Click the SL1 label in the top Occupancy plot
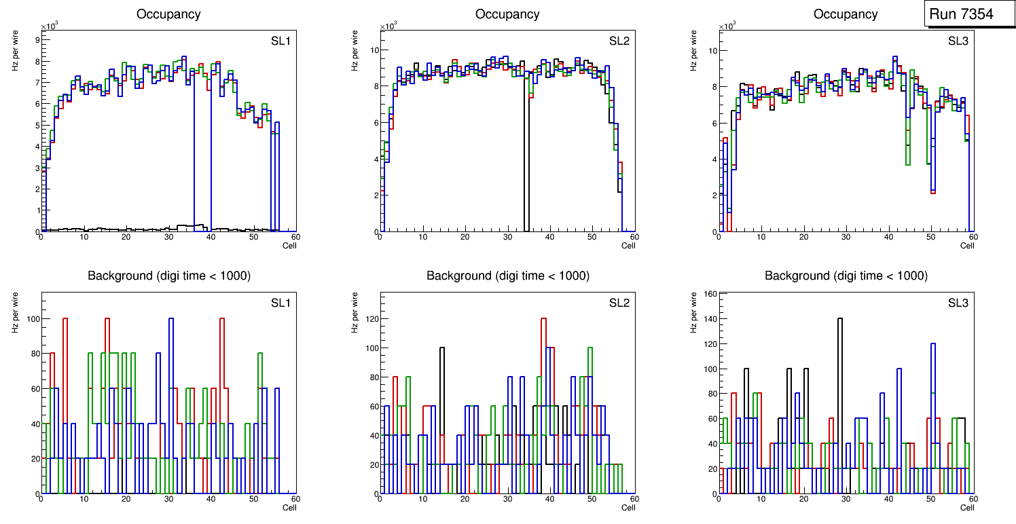(280, 41)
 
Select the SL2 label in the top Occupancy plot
(619, 41)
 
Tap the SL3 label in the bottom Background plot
(958, 303)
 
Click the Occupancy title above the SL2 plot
(507, 14)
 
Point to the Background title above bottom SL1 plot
(168, 276)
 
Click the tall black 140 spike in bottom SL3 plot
(840, 319)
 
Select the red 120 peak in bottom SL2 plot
(543, 319)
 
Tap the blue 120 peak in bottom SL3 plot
(933, 344)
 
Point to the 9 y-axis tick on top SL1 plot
(36, 40)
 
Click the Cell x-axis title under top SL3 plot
(967, 246)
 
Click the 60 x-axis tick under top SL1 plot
(295, 237)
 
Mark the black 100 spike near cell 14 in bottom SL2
(441, 349)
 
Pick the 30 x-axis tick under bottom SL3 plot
(846, 499)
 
